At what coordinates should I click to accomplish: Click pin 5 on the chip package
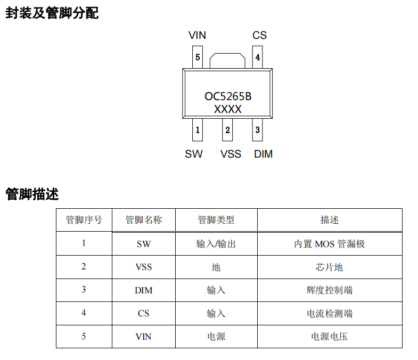(198, 57)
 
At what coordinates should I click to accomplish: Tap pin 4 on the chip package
(258, 57)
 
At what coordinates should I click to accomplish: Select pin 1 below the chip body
(198, 130)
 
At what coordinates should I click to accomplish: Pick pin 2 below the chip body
(227, 130)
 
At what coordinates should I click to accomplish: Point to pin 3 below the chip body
(258, 130)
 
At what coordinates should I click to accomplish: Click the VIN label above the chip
(197, 35)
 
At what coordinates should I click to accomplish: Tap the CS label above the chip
(259, 35)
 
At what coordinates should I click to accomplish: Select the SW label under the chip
(194, 154)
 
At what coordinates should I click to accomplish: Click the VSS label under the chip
(231, 154)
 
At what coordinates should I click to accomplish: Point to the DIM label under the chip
(264, 154)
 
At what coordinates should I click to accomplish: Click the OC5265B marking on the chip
(228, 96)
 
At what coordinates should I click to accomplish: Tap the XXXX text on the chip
(228, 109)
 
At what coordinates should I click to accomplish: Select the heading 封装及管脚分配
(52, 13)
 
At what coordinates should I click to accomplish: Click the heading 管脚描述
(32, 194)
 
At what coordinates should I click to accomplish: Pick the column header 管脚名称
(144, 220)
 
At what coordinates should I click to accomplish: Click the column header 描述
(330, 220)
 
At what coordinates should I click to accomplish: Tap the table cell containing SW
(144, 244)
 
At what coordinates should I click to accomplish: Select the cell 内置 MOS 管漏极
(330, 244)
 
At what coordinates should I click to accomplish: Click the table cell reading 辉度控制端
(330, 290)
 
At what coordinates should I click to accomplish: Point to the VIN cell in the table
(144, 337)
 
